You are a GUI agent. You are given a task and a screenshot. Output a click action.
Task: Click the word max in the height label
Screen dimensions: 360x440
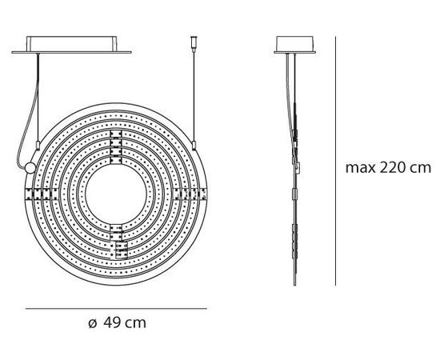(x=359, y=169)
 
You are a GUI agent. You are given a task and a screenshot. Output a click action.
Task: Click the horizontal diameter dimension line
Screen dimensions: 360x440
(x=116, y=309)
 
